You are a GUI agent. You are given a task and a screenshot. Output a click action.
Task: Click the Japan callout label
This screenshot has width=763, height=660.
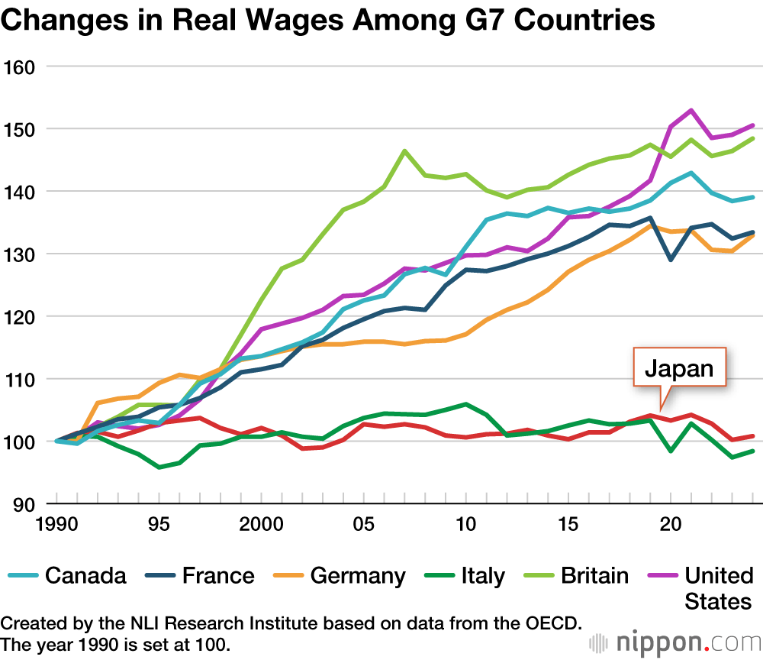[678, 370]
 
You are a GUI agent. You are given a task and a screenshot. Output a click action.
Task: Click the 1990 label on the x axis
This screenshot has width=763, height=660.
[55, 526]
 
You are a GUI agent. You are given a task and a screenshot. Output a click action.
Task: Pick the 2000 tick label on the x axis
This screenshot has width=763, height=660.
[261, 526]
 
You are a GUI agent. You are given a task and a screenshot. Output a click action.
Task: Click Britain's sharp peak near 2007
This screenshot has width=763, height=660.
[404, 150]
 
